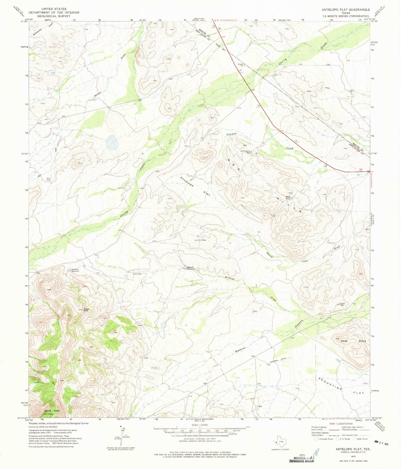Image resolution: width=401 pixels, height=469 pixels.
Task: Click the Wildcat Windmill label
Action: (190, 268)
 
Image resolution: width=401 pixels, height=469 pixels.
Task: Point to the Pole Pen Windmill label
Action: (75, 270)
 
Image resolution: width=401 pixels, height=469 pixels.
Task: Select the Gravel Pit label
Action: (241, 65)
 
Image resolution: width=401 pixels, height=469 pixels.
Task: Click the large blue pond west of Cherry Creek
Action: (112, 142)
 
